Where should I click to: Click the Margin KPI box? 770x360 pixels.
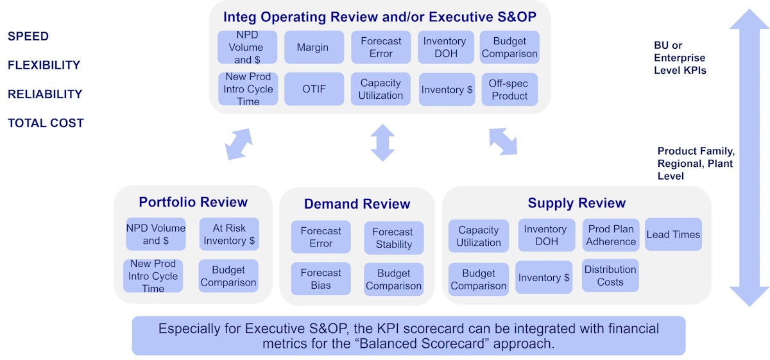tap(312, 47)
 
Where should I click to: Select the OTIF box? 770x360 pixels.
tap(314, 89)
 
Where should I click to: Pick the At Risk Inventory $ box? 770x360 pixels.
tap(229, 234)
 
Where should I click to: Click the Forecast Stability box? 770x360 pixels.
tap(393, 238)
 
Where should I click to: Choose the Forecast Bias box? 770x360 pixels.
tap(321, 279)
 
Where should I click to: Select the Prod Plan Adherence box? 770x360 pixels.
tap(611, 235)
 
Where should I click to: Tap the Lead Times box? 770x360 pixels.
tap(673, 235)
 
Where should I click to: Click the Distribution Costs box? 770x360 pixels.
tap(610, 276)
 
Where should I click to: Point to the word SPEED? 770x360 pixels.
tap(28, 37)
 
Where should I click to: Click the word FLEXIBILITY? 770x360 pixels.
tap(44, 65)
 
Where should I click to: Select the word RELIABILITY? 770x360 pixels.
tap(45, 94)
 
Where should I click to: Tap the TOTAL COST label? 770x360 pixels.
tap(46, 123)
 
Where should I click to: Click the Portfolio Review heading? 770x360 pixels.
tap(193, 203)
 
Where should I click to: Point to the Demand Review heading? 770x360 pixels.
tap(357, 205)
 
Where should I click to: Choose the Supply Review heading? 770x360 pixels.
tap(576, 203)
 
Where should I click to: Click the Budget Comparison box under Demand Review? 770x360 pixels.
tap(393, 280)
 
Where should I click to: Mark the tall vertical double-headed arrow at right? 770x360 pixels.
tap(749, 157)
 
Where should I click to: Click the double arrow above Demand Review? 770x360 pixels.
tap(382, 142)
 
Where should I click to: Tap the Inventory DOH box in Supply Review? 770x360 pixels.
tap(545, 236)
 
